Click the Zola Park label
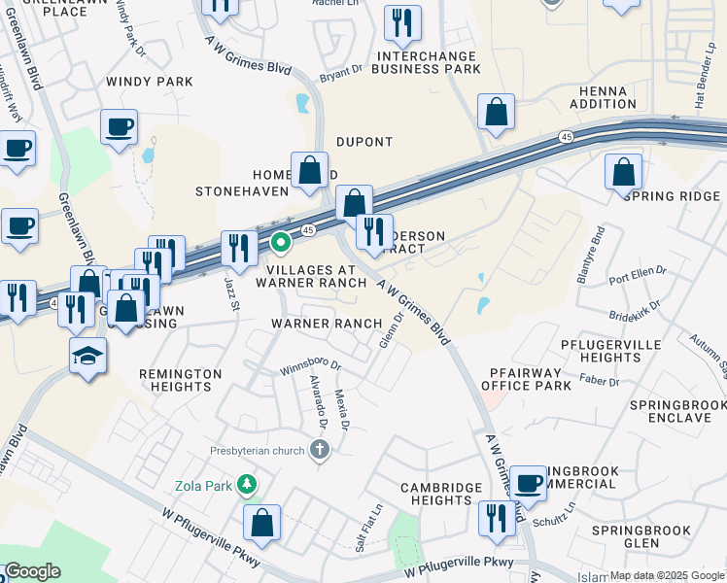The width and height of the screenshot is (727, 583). coord(202,484)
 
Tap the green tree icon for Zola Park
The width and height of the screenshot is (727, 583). coord(248,483)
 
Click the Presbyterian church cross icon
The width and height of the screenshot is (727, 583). coord(319,449)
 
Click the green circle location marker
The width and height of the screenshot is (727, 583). coord(280,242)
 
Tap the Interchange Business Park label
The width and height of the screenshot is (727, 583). coord(432,62)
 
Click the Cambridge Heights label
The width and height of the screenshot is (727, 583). coord(441,494)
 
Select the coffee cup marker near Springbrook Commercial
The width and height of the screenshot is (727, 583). coord(529,482)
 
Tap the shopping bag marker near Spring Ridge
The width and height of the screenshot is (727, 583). coord(623,172)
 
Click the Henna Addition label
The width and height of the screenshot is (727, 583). coord(597,96)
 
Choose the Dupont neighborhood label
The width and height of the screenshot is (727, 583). coord(364,142)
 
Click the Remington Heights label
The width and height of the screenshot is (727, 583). coord(176,380)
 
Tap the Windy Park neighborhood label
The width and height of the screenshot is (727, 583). coord(151,82)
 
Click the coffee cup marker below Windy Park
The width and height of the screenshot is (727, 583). coord(119,126)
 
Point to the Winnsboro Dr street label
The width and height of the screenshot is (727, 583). coord(311,366)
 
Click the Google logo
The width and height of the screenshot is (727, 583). coord(32,571)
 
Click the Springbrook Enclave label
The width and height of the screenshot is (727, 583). coord(671,410)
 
